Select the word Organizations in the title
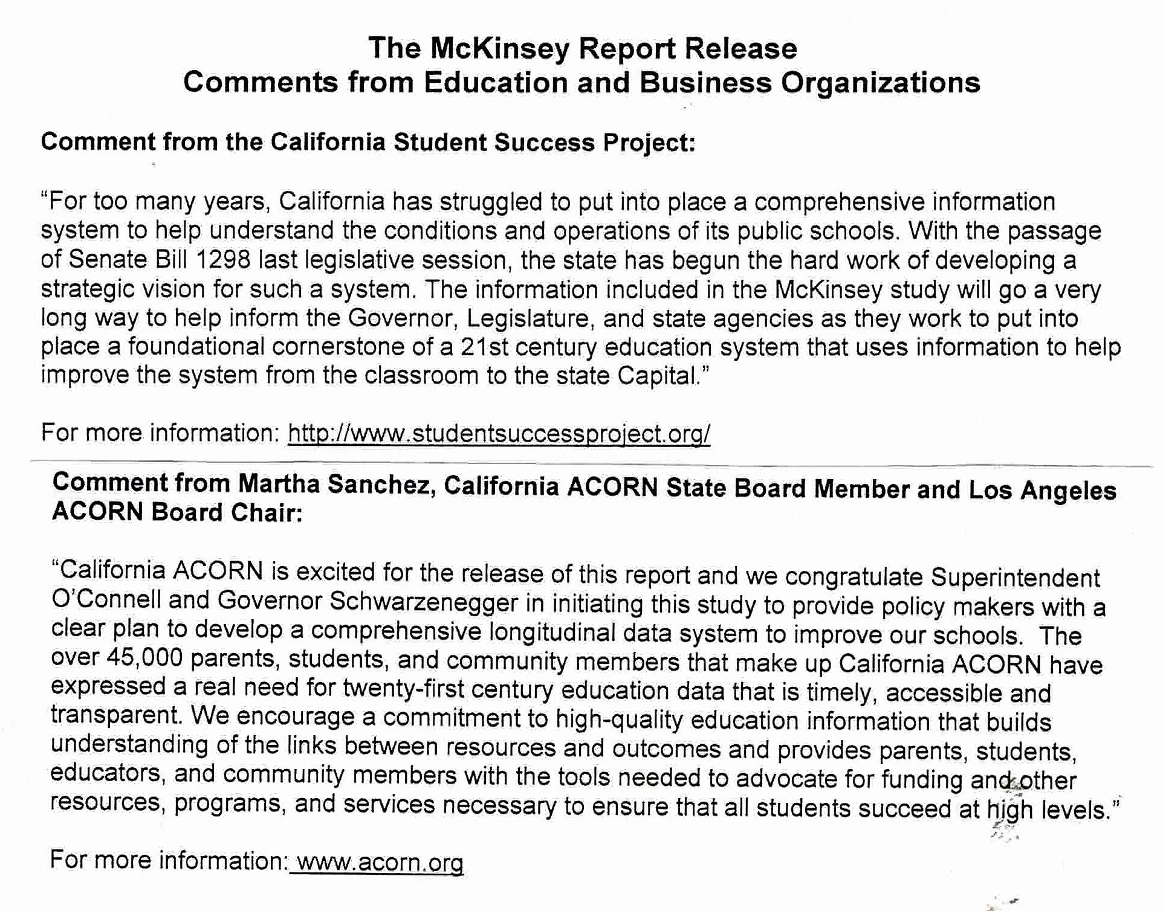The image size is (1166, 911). [x=880, y=83]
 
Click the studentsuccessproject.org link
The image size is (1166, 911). [x=499, y=433]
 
